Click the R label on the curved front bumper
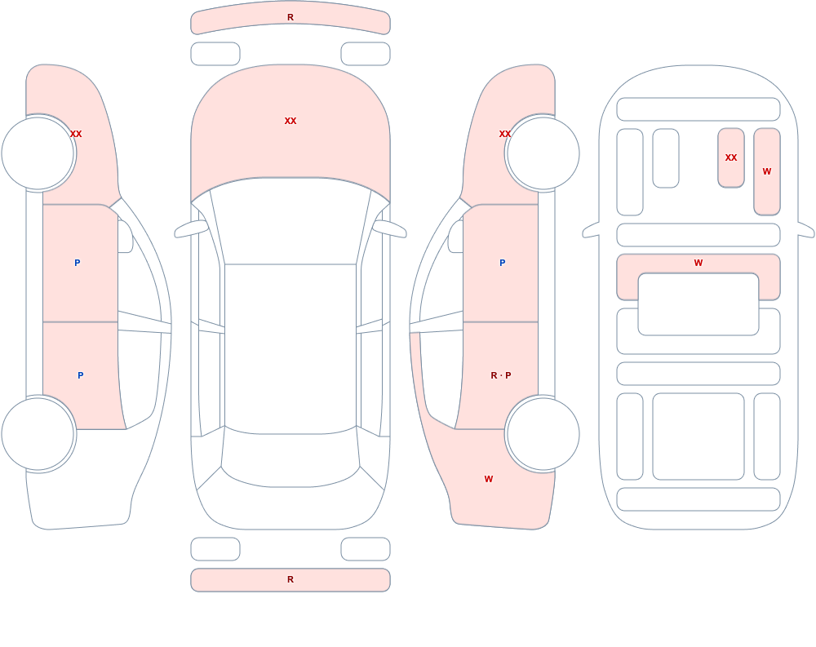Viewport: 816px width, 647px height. [290, 17]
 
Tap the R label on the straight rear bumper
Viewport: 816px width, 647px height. [290, 579]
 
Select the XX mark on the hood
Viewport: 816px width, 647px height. [290, 121]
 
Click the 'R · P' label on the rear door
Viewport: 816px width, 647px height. [501, 375]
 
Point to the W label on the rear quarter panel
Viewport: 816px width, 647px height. [488, 479]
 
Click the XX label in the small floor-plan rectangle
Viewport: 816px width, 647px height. [730, 157]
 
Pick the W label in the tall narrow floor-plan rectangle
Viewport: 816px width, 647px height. [766, 171]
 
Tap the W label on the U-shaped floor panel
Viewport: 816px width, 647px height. [698, 263]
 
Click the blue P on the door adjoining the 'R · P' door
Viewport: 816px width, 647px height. [502, 263]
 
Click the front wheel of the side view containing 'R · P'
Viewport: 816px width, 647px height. [543, 153]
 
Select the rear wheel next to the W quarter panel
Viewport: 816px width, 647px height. [543, 433]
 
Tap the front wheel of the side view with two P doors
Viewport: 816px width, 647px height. [38, 153]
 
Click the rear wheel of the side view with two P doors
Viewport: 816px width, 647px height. [38, 433]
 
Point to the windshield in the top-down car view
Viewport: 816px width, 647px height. [290, 221]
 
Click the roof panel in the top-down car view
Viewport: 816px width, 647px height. [290, 348]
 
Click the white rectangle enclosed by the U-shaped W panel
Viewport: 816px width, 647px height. [698, 304]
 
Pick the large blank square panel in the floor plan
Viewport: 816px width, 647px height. [698, 437]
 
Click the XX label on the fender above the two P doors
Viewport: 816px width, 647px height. [76, 134]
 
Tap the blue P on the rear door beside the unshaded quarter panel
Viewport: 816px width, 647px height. [80, 375]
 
